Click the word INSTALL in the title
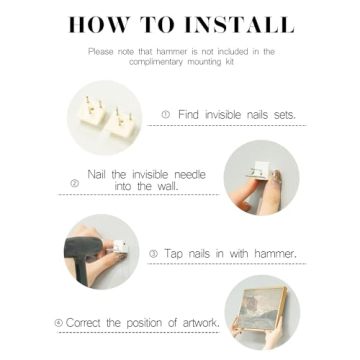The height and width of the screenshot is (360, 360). click(x=239, y=24)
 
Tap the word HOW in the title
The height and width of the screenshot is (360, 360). click(x=98, y=24)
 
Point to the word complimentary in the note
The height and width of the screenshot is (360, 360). click(x=153, y=62)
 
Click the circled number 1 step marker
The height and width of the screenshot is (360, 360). click(x=166, y=115)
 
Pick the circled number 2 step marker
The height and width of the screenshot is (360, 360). click(x=75, y=183)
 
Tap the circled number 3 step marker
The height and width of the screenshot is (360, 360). click(x=153, y=254)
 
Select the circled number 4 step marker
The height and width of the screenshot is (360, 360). click(x=59, y=323)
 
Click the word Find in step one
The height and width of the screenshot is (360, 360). click(x=188, y=115)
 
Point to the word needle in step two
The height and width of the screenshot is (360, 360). click(x=190, y=174)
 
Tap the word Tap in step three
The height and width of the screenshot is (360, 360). click(x=173, y=254)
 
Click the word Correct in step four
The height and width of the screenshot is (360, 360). click(x=84, y=323)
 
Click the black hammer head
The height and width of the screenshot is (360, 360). click(x=83, y=247)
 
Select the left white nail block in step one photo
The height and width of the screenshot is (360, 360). click(x=90, y=111)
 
